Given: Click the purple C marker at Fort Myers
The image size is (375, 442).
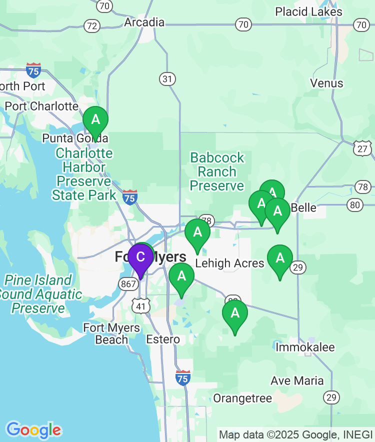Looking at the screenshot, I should coord(140,257).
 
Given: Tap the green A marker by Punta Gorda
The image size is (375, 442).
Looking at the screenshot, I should coord(95,120).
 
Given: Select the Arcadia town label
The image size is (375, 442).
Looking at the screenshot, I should coord(144,22).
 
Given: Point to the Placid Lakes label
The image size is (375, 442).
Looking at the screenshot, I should coord(308,11).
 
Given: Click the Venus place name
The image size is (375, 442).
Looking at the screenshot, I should coord(326,83).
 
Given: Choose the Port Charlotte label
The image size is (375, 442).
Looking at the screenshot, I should coord(41,106).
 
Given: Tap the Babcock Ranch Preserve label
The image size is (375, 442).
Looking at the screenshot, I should coord(217,171).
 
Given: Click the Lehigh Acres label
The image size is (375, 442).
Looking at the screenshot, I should coord(229,263).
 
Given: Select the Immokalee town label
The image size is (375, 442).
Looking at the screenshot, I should coord(305,347).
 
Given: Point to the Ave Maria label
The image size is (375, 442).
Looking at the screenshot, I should coord(297,380).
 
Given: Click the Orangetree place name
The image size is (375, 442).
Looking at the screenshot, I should coord(242,398).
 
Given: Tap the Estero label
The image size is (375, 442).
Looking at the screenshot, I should coord(163,339).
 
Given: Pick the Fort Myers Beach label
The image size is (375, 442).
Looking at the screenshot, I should coord(111,333).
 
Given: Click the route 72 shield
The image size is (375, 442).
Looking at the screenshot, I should coord(92,26).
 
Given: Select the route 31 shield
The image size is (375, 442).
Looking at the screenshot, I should coord(168,78).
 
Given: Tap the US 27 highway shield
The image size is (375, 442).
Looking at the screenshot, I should coord(362,148).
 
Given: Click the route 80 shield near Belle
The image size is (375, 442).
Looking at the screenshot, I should coord(355,204).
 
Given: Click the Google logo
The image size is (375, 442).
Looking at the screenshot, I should coord(33,429).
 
